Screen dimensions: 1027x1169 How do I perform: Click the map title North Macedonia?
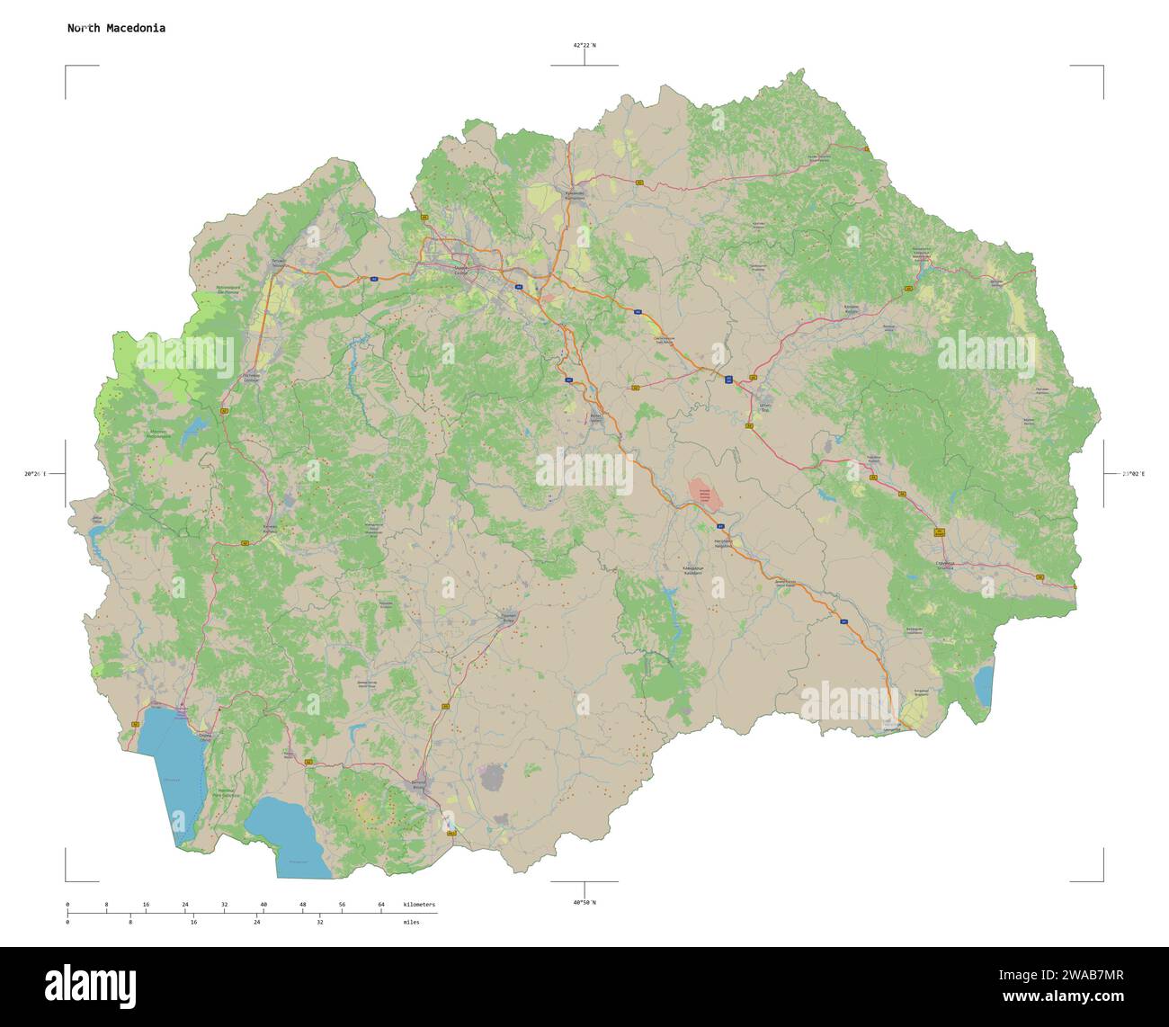tap(116, 28)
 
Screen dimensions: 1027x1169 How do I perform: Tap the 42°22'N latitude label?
tap(584, 45)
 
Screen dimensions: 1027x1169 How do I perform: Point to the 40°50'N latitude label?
tap(584, 902)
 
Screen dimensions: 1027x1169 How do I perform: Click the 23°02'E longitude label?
tap(1132, 473)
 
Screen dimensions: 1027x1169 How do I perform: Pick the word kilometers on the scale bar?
tap(419, 904)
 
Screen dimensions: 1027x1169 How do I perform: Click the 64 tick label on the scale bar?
tap(381, 904)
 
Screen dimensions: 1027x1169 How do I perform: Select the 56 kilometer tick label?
tap(342, 904)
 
